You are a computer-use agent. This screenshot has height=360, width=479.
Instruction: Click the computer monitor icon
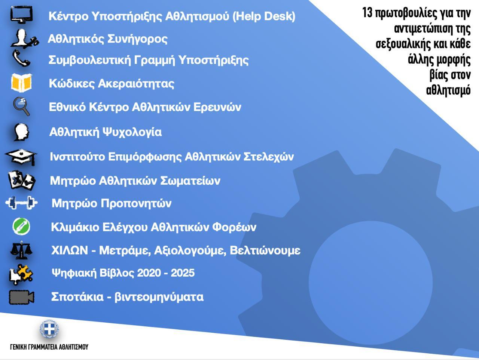[21, 14]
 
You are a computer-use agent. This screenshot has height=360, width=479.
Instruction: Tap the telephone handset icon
[21, 58]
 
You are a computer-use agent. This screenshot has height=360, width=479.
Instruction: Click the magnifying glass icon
[21, 106]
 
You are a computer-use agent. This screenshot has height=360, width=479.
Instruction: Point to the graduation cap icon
[21, 157]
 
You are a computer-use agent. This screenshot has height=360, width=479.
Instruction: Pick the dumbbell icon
[21, 203]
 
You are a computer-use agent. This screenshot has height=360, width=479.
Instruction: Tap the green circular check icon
[21, 227]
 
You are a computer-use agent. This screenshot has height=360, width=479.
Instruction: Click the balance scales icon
[21, 250]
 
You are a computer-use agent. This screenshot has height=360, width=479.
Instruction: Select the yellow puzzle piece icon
[21, 274]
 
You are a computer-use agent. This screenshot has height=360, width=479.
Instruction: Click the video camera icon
[21, 297]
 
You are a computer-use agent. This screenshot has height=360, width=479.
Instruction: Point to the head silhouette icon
[21, 132]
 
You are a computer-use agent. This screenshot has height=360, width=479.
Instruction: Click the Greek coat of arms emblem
[49, 329]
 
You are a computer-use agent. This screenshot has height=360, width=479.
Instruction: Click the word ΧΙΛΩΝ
[70, 250]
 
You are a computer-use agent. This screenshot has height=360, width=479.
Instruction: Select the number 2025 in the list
[183, 273]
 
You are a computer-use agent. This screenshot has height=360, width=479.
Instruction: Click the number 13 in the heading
[367, 13]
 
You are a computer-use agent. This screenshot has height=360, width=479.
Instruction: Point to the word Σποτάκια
[77, 297]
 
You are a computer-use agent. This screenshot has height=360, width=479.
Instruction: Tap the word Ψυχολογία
[132, 132]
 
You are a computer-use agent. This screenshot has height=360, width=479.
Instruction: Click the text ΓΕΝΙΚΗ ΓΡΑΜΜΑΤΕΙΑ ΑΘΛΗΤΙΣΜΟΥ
[49, 347]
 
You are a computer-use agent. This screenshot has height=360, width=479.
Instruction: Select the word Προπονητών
[136, 203]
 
